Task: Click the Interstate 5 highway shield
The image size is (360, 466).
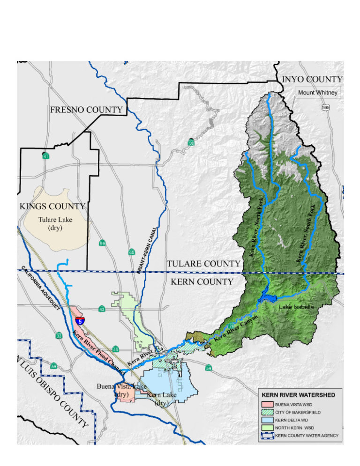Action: (x=81, y=321)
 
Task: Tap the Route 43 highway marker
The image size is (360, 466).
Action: (x=102, y=309)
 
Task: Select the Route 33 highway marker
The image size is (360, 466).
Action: (x=59, y=336)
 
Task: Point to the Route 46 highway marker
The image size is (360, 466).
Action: (x=115, y=349)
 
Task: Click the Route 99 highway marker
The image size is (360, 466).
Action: (x=102, y=243)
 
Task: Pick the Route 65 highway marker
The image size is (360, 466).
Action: (x=132, y=253)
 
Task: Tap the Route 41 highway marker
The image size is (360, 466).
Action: (x=45, y=155)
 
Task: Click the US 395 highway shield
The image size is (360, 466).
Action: (x=325, y=108)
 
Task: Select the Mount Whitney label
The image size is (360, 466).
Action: (x=317, y=93)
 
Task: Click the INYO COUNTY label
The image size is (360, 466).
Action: (x=312, y=79)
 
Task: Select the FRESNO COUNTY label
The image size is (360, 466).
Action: (x=86, y=110)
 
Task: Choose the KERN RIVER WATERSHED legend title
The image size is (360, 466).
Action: (x=298, y=395)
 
